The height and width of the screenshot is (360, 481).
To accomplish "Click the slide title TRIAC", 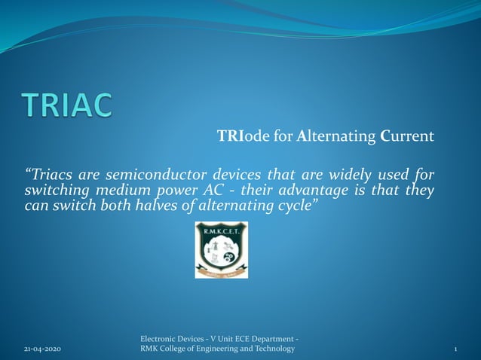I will [x=67, y=105].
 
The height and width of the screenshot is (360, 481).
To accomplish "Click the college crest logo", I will [x=221, y=250].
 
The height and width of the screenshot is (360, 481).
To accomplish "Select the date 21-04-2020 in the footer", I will [x=43, y=349].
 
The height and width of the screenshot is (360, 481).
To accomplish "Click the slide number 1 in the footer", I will [x=457, y=349].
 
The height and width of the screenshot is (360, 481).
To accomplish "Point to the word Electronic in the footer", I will [x=159, y=339].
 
